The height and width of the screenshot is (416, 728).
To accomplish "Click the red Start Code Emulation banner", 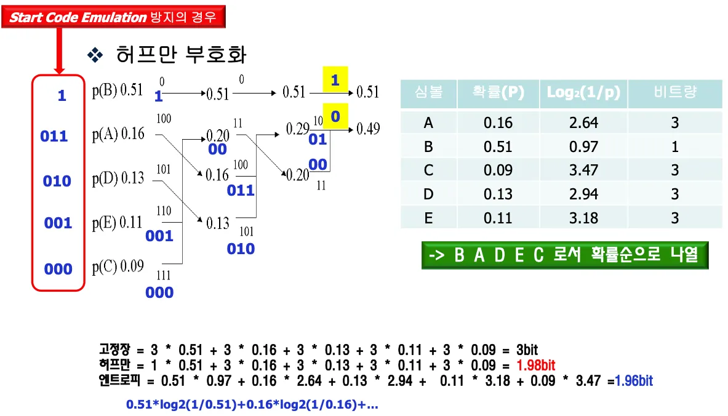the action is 114,17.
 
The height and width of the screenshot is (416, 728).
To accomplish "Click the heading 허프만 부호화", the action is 181,55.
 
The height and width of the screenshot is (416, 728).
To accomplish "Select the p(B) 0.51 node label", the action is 118,90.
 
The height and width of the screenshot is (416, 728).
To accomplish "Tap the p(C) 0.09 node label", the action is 118,266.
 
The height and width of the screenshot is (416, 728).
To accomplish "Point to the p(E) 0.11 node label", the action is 118,223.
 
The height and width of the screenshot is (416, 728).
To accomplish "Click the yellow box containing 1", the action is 335,79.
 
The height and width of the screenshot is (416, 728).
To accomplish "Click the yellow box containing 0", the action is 335,116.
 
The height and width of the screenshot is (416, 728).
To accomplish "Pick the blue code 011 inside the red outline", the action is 54,136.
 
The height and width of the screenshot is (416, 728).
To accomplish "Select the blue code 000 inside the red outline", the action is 58,269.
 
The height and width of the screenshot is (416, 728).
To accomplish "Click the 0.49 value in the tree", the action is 367,129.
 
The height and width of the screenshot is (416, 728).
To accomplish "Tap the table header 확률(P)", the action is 498,93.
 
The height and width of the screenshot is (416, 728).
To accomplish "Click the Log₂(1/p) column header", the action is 583,93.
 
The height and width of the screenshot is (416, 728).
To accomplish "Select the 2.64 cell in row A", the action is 583,123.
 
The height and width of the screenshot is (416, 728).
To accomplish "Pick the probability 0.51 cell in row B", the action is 498,146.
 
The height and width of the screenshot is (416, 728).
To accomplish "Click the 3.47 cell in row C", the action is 583,170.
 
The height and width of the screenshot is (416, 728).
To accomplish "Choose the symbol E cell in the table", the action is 428,218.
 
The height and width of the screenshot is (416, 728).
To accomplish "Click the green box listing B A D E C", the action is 564,255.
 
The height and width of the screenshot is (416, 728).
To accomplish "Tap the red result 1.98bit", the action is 537,366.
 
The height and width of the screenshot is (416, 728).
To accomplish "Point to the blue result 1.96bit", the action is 634,381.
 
